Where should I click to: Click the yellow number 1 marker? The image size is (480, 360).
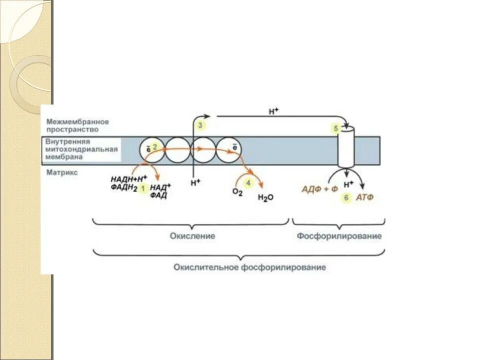(x=142, y=188)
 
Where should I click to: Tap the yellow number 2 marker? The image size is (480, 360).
(x=155, y=146)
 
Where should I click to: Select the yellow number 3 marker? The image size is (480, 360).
(x=200, y=125)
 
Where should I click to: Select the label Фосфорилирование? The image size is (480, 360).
(x=339, y=235)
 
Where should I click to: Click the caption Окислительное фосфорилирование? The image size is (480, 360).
(x=249, y=267)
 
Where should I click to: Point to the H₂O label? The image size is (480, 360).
(x=265, y=197)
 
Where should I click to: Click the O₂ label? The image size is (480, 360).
(x=237, y=192)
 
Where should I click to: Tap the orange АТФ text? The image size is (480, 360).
(x=364, y=197)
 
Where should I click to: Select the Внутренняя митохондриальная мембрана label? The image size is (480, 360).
(x=81, y=149)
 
